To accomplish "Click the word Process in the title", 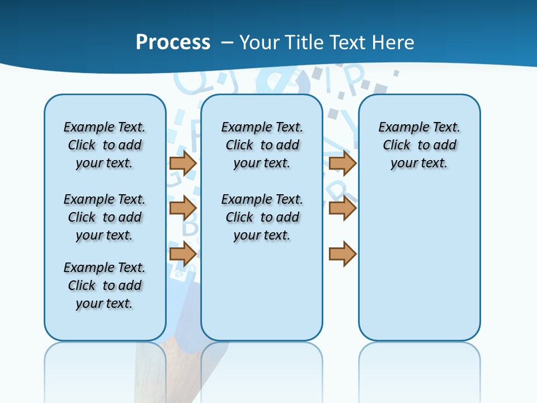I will tap(173, 43).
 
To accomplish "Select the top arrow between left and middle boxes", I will tap(183, 163).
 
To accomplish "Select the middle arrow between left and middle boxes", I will tap(183, 208).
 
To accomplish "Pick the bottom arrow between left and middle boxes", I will tap(183, 254).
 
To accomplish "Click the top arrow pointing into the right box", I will tap(342, 163).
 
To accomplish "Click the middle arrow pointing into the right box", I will tap(342, 208).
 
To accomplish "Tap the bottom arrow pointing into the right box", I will tap(342, 254).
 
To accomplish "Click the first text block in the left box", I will tap(105, 145).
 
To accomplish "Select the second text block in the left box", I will tap(105, 217).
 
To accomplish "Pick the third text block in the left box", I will tap(105, 285).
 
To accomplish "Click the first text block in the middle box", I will tap(262, 145).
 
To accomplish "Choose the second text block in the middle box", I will tap(262, 217).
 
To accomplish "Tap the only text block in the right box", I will tap(420, 145).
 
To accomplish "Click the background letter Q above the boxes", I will tap(189, 83).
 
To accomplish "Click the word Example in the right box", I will tap(398, 127).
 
